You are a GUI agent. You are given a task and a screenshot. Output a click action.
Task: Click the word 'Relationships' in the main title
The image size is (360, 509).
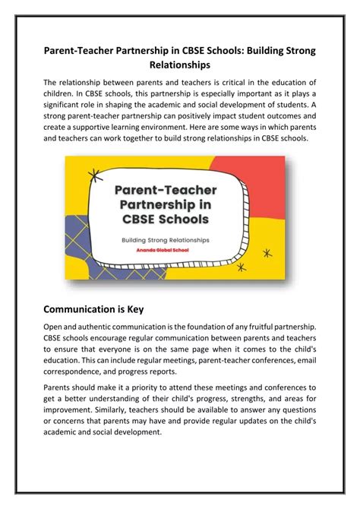click(x=179, y=66)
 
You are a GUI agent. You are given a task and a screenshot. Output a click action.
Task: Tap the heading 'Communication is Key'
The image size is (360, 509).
click(x=104, y=289)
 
